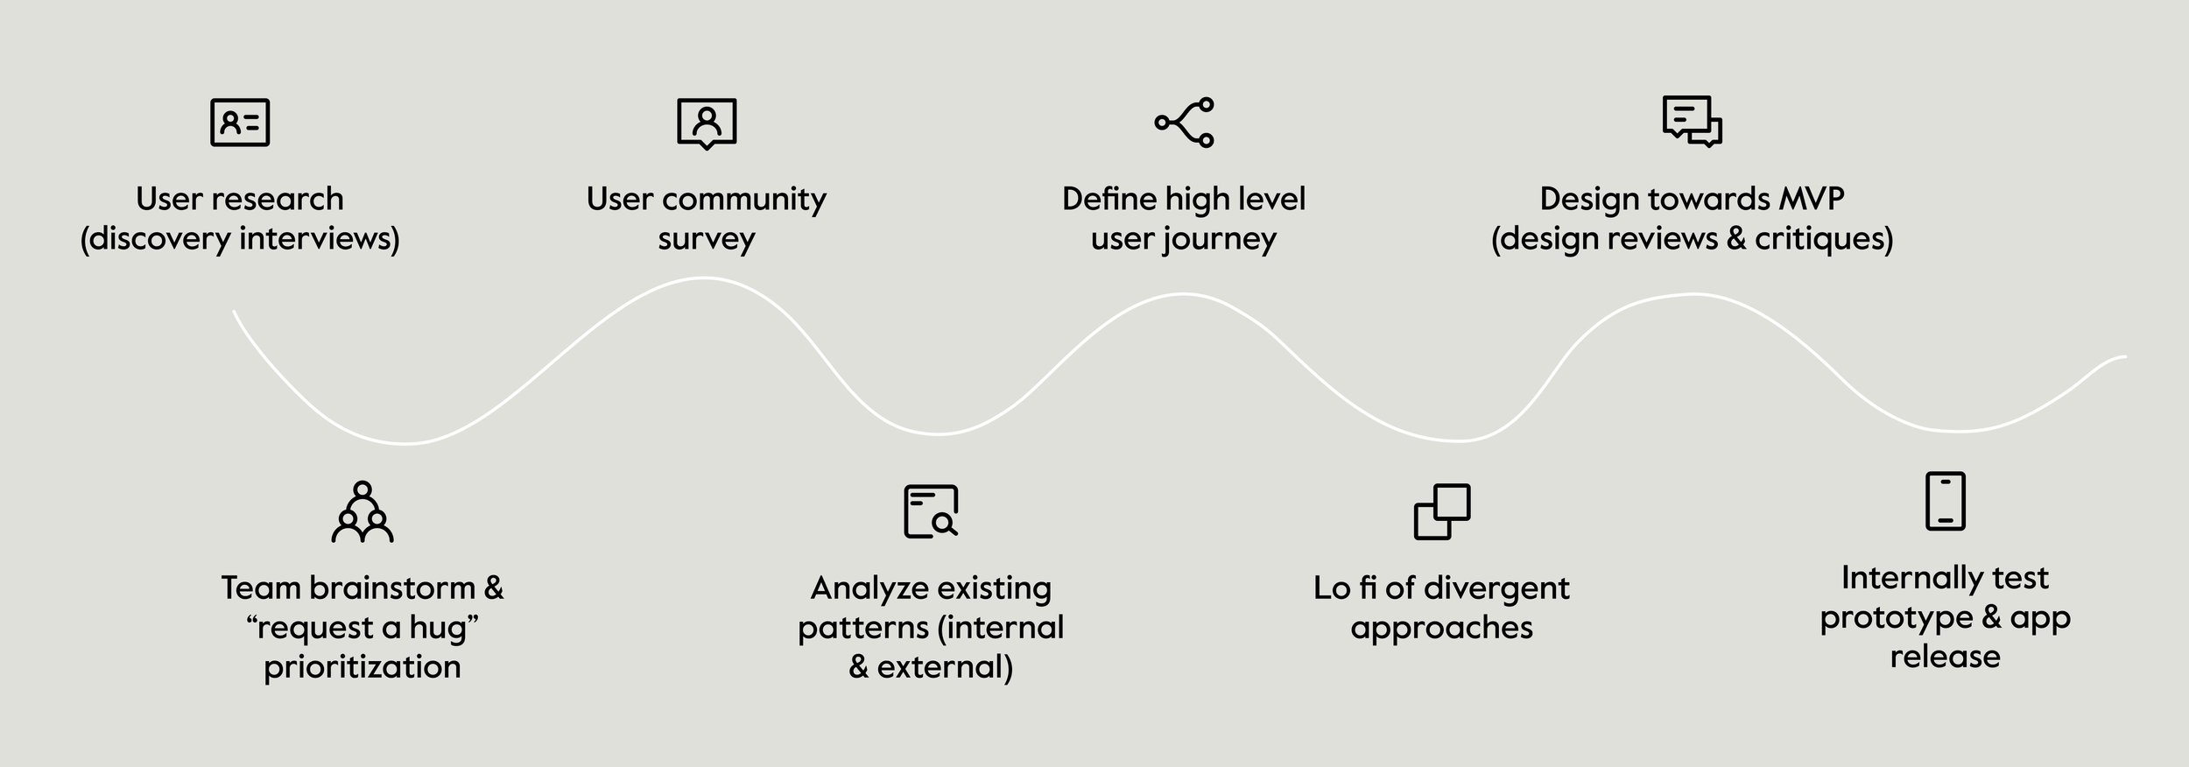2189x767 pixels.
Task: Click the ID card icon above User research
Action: (240, 123)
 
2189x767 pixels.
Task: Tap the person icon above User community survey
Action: (707, 123)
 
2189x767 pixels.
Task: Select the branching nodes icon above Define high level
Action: (1184, 123)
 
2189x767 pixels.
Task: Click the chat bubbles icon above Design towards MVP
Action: (1692, 122)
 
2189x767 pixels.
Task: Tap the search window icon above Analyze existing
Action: (931, 511)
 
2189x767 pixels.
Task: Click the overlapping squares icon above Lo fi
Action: (1442, 511)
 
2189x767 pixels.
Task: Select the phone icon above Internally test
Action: (1946, 501)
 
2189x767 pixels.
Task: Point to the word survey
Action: (707, 239)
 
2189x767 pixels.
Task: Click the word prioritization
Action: (362, 667)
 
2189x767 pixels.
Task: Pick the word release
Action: (1945, 657)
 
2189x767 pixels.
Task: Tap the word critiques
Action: (1823, 239)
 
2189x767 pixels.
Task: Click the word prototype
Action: (1897, 618)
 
